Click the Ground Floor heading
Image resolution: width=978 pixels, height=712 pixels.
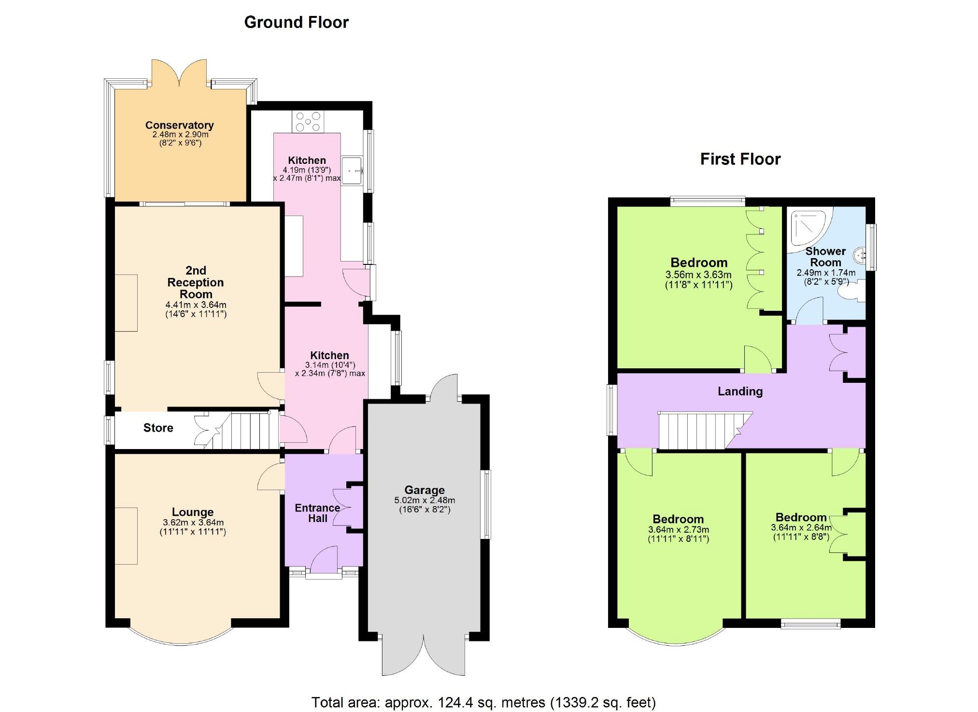[x=296, y=22]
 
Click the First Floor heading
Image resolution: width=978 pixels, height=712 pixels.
[x=740, y=159]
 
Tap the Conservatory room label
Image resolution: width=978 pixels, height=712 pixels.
[x=179, y=125]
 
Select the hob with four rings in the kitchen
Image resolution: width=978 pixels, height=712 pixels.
[x=308, y=122]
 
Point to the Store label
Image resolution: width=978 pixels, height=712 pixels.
[x=158, y=428]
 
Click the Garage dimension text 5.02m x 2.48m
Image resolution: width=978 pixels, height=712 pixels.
[x=425, y=500]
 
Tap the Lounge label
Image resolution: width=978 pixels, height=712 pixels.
[x=193, y=512]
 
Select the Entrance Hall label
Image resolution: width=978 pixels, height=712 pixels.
[x=317, y=513]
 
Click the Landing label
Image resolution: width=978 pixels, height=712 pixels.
[x=740, y=392]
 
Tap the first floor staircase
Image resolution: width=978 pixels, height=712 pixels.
[x=695, y=430]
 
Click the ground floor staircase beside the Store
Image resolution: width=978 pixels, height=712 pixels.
[x=246, y=430]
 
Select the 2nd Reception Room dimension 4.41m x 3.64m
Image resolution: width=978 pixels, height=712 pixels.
[x=196, y=305]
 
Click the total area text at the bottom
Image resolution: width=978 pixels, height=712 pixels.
[x=483, y=702]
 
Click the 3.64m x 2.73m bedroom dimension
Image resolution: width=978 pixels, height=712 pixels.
[x=679, y=530]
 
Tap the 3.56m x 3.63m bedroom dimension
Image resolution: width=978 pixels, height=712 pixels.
[x=698, y=275]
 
